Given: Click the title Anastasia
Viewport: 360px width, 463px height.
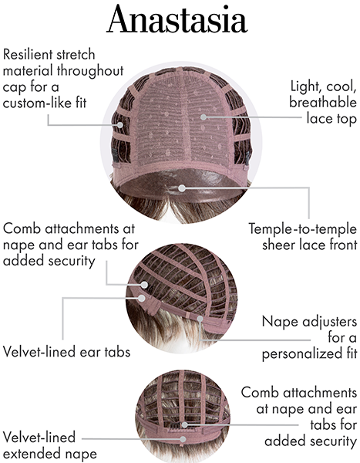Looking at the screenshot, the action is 177,19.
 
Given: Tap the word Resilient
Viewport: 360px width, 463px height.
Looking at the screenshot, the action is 27,55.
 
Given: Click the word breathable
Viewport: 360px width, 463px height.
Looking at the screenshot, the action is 323,102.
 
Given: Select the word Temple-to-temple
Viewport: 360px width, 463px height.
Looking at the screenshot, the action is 302,229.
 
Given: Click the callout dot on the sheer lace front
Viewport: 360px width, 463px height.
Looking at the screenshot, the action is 182,188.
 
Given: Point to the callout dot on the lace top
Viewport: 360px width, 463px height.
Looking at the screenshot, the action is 204,117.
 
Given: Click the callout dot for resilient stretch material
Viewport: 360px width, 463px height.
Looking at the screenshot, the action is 119,124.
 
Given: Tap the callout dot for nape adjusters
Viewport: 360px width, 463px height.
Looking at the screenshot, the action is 200,319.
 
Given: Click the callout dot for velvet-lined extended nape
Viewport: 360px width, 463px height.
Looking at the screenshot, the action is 183,439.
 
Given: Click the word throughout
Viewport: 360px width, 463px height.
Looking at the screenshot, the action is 90,71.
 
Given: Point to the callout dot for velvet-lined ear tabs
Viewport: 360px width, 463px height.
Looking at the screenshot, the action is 142,298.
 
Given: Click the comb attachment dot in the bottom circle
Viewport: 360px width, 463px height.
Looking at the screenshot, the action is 185,425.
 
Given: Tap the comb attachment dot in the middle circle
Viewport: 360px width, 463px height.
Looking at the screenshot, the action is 144,285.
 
